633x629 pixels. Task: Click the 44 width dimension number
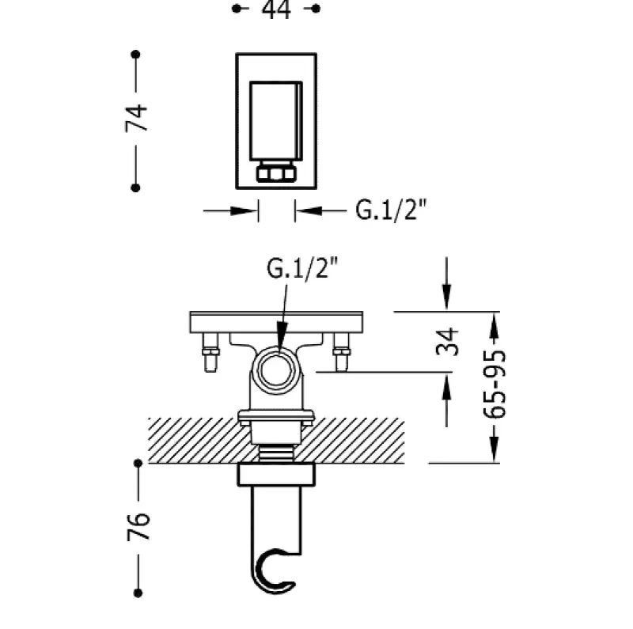pyautogui.click(x=275, y=9)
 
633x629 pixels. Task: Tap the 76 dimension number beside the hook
pyautogui.click(x=137, y=527)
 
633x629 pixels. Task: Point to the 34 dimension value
pyautogui.click(x=447, y=341)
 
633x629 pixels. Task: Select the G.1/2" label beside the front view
pyautogui.click(x=391, y=210)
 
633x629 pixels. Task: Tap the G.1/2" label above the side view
pyautogui.click(x=301, y=270)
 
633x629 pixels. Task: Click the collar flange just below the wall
pyautogui.click(x=276, y=474)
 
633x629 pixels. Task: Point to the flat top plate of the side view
pyautogui.click(x=276, y=320)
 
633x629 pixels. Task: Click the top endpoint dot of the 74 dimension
pyautogui.click(x=136, y=55)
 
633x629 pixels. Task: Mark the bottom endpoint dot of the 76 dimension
pyautogui.click(x=137, y=593)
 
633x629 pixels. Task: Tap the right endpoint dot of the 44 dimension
pyautogui.click(x=316, y=9)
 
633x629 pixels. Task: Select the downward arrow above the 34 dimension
pyautogui.click(x=447, y=297)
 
